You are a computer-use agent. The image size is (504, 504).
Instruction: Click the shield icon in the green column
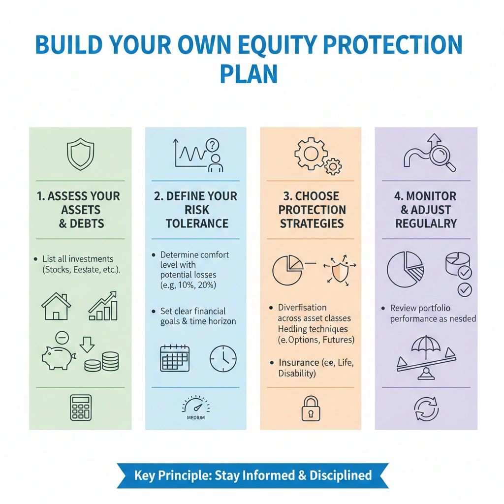tap(80, 154)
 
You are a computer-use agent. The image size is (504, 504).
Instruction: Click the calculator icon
tap(81, 407)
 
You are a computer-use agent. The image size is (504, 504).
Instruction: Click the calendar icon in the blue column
tap(175, 358)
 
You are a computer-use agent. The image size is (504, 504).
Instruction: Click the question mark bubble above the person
tap(212, 145)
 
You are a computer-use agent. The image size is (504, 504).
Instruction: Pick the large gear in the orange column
tap(311, 153)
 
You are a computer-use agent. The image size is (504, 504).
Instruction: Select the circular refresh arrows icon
tap(426, 409)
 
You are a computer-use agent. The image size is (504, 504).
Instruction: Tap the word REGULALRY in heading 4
tap(426, 223)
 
